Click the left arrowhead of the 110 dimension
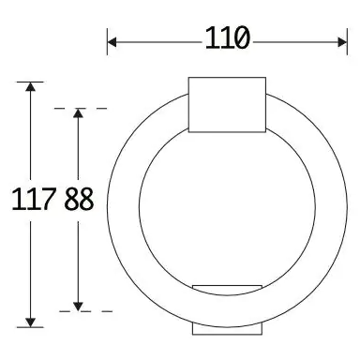[x=113, y=40]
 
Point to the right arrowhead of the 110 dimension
[x=341, y=40]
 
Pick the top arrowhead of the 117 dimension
[x=32, y=88]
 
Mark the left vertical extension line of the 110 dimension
[x=108, y=42]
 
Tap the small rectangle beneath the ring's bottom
[x=227, y=329]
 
